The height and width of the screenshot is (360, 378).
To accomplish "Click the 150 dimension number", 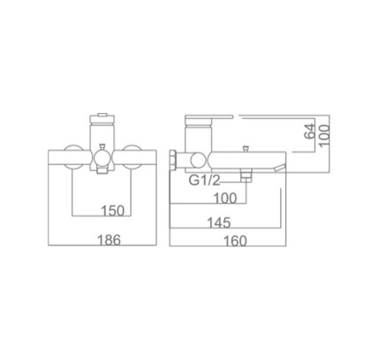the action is click(x=113, y=211).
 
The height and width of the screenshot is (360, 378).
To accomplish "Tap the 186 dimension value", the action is click(x=109, y=240).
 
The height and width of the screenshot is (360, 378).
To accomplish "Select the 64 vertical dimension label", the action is click(x=309, y=131).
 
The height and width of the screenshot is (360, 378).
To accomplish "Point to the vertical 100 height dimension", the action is click(x=324, y=135).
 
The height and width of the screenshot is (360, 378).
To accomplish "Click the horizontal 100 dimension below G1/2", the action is click(x=225, y=199).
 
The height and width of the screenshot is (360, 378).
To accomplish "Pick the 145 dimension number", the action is click(x=219, y=222).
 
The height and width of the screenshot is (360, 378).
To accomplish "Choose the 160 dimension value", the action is click(x=235, y=241).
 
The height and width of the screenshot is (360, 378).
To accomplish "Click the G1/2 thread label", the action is click(x=205, y=180).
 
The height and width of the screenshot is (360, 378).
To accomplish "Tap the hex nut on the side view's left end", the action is click(x=173, y=161).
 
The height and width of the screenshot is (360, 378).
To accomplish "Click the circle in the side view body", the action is click(x=197, y=161).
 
